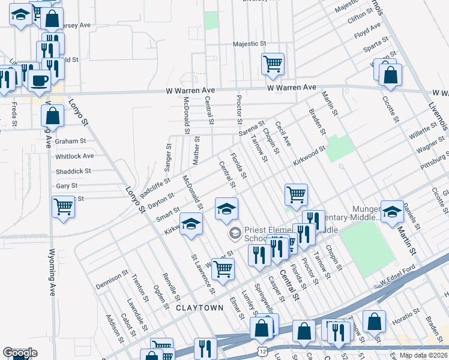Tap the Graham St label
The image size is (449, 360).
coord(71,142)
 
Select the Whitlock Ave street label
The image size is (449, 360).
coord(74,156)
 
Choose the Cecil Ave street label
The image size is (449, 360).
coord(283,133)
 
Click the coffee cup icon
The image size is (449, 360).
coord(40,80)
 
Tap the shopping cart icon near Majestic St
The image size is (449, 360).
coord(273,63)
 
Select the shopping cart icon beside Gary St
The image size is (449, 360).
coord(63,207)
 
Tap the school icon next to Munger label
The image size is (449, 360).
coord(392,211)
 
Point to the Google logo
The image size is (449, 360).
coord(20,353)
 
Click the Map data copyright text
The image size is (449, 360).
coord(424,355)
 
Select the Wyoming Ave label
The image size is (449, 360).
coord(52,274)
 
